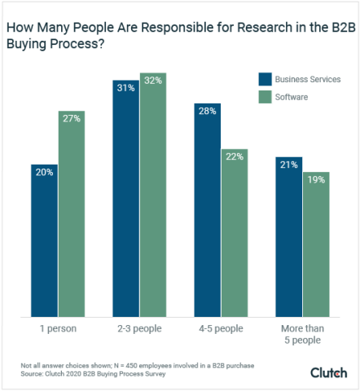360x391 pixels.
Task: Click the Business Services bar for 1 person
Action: (x=45, y=240)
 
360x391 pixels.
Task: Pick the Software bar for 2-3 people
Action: (x=153, y=195)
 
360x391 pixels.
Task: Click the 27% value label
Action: (x=72, y=117)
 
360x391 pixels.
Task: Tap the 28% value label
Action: (x=207, y=110)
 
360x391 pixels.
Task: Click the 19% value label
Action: (x=315, y=178)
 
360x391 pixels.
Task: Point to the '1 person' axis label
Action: (x=58, y=328)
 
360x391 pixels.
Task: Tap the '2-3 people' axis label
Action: (x=139, y=328)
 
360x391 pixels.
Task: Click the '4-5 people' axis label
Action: (x=220, y=328)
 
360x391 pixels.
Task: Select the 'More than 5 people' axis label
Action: (x=301, y=334)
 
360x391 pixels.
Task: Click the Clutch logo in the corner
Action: (x=328, y=372)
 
